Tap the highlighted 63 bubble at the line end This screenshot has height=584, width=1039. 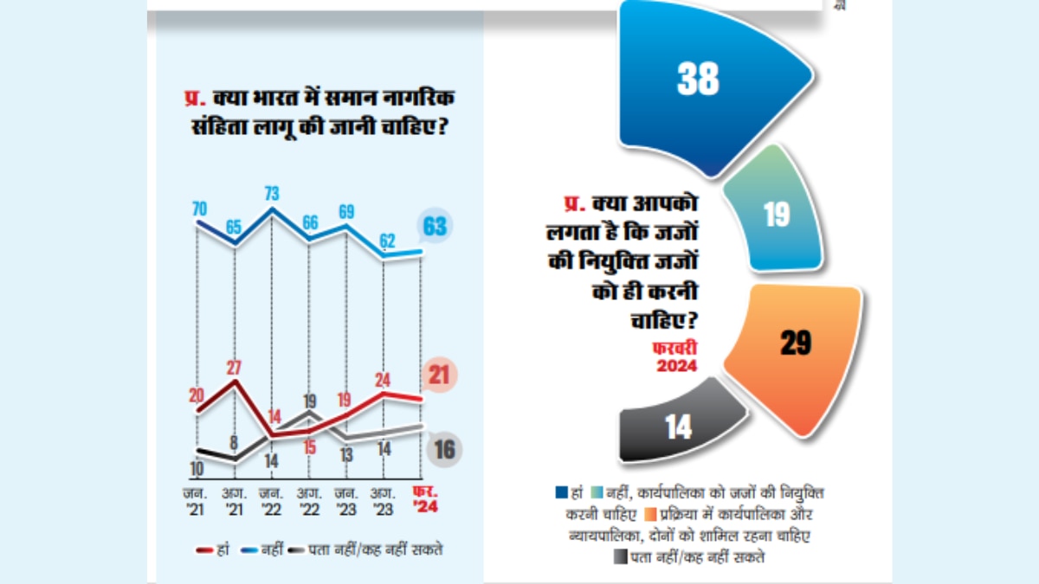(x=435, y=227)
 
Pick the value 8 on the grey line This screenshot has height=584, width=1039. (x=235, y=440)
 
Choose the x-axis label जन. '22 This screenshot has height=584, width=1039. (x=272, y=502)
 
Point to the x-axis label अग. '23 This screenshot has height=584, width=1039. (x=384, y=502)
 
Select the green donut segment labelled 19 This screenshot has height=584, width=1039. (x=775, y=214)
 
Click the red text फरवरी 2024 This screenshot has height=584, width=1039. (x=674, y=356)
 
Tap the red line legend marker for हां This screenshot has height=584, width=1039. (x=205, y=550)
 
